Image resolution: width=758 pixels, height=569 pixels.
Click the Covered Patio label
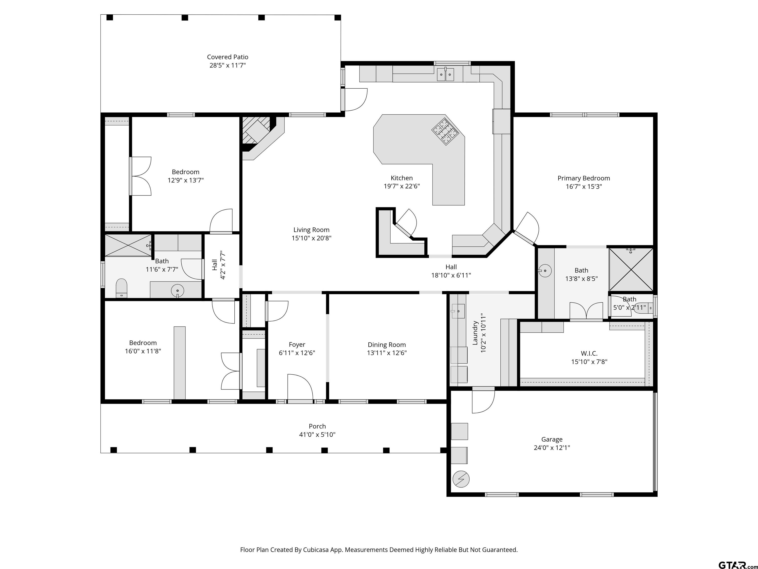tap(227, 57)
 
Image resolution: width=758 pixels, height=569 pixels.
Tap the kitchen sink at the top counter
tap(445, 74)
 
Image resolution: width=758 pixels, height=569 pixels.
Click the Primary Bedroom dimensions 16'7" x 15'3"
tap(584, 187)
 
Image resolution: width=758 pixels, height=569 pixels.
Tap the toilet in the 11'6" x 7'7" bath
tap(121, 288)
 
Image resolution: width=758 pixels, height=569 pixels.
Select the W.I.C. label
tap(589, 353)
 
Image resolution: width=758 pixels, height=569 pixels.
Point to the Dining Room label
tap(387, 345)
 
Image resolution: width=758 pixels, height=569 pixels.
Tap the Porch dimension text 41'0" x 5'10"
tap(317, 435)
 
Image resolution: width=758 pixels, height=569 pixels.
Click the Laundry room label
tap(475, 333)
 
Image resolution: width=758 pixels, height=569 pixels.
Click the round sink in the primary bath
tap(545, 271)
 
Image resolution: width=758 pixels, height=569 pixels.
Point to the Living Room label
tap(311, 230)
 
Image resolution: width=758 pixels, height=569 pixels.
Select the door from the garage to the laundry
tap(483, 401)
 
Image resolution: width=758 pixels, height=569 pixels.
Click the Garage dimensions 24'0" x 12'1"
tap(552, 447)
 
